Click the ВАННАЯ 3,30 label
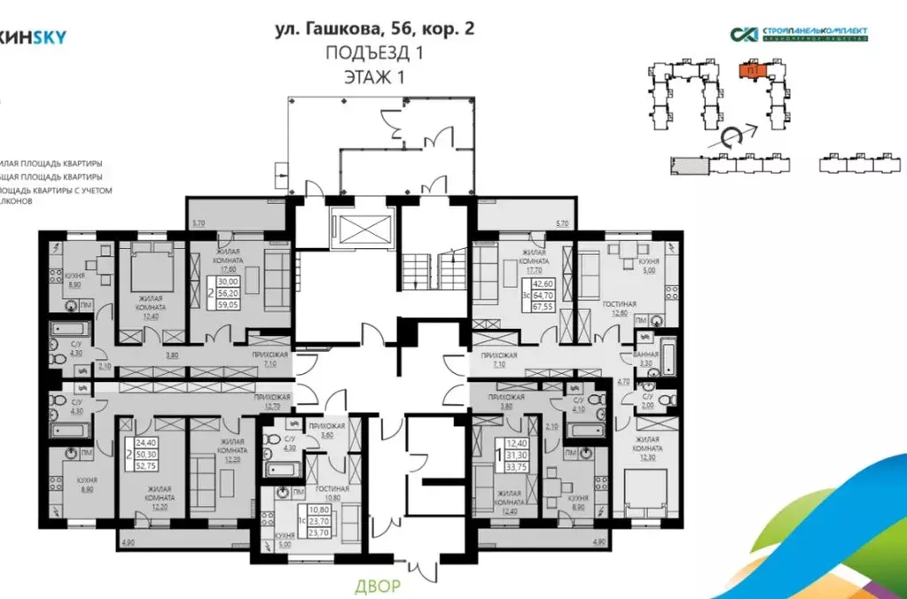[x=645, y=358]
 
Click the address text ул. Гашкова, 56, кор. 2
[x=374, y=27]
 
